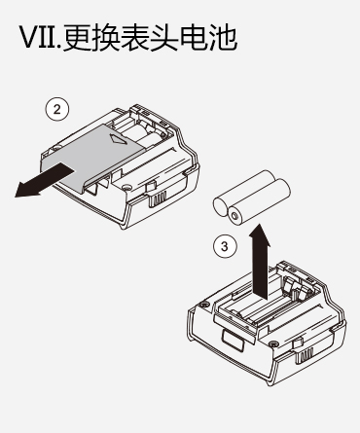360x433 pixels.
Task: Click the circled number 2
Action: (x=57, y=109)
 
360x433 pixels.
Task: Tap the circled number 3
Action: (x=225, y=246)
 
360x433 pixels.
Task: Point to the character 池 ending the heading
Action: (x=223, y=38)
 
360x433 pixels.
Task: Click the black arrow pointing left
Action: (x=44, y=180)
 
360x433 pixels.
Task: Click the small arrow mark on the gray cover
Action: (x=118, y=139)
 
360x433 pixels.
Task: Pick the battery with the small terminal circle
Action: (x=258, y=201)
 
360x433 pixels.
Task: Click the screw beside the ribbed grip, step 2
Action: (x=126, y=187)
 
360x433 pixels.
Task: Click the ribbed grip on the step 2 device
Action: (x=158, y=198)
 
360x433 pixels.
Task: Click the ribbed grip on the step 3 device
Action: (x=304, y=355)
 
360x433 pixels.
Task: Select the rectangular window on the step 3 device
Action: (x=234, y=342)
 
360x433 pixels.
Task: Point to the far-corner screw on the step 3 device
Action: (x=203, y=304)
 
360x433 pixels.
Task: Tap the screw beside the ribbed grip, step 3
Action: (x=273, y=343)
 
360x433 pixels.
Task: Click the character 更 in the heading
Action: (x=78, y=38)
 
